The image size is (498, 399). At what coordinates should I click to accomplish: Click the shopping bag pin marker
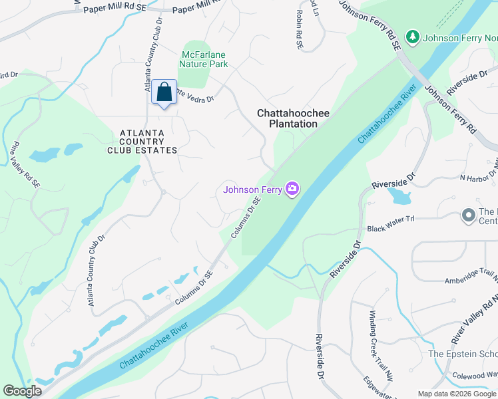tap(164, 92)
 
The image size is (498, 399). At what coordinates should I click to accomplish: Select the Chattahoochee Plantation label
tap(293, 118)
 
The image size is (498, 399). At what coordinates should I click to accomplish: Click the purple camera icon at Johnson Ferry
tap(292, 190)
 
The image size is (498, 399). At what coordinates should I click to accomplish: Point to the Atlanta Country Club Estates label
tap(142, 142)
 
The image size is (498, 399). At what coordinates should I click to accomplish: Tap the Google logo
tap(23, 391)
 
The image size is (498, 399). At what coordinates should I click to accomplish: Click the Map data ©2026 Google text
tap(457, 394)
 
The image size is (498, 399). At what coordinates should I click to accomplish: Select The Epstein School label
tap(463, 354)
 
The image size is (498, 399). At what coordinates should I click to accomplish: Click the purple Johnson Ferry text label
tap(252, 190)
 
